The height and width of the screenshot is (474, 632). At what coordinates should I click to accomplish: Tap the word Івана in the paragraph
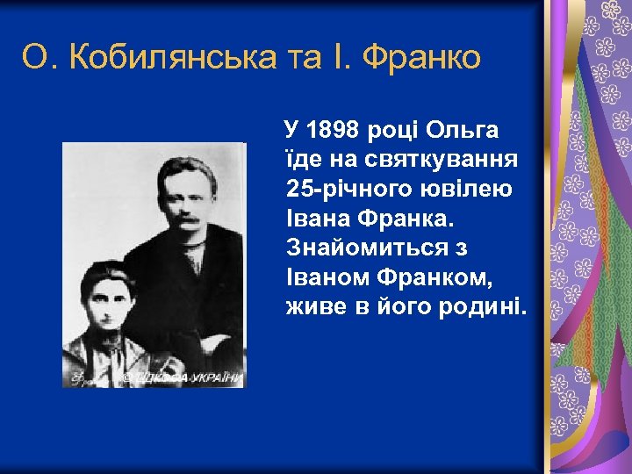(320, 218)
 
